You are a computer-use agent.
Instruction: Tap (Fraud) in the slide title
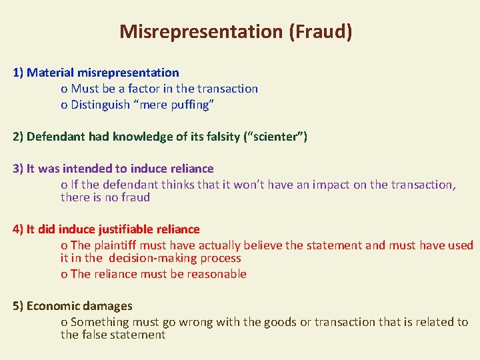[321, 31]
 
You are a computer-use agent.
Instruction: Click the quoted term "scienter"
[277, 137]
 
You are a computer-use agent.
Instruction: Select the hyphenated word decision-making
[175, 258]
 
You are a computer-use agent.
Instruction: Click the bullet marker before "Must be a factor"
[64, 89]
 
